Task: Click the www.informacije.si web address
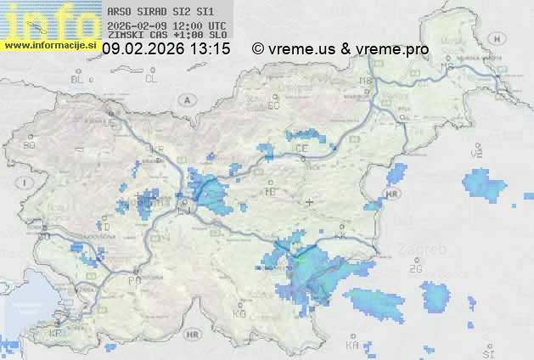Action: click(49, 44)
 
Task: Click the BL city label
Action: click(79, 79)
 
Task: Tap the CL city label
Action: click(151, 79)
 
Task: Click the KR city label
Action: click(157, 149)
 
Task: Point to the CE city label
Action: click(301, 148)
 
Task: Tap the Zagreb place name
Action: click(428, 251)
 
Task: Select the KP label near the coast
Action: click(55, 333)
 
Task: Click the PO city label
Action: click(133, 279)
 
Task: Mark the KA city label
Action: click(351, 346)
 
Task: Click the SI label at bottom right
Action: click(487, 352)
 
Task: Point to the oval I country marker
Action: click(26, 183)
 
